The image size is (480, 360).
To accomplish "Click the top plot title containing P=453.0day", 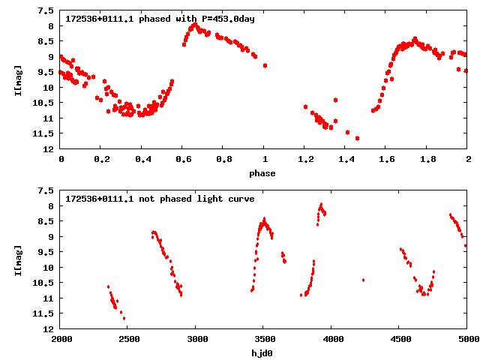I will (160, 19).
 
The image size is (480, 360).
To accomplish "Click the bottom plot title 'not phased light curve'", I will (160, 199).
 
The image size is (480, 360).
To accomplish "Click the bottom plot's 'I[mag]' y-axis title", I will (17, 259).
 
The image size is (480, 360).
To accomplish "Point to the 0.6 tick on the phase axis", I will (182, 160).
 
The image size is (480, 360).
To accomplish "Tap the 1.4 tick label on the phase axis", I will (345, 160).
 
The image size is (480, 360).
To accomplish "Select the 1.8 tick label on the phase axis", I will (427, 160).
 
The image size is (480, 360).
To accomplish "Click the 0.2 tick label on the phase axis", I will (101, 160).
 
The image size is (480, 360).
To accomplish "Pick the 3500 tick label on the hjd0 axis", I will (262, 340).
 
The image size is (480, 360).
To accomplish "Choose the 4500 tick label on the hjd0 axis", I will (398, 340).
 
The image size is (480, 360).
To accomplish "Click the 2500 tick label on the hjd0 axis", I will (127, 340).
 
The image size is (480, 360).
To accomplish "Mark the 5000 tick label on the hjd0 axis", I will (466, 340).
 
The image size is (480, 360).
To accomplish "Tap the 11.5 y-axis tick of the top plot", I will (46, 133).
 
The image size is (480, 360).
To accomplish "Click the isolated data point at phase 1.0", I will (265, 66).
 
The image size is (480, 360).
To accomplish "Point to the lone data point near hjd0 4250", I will (363, 280).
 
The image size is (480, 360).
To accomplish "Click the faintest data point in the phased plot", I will (357, 138).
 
